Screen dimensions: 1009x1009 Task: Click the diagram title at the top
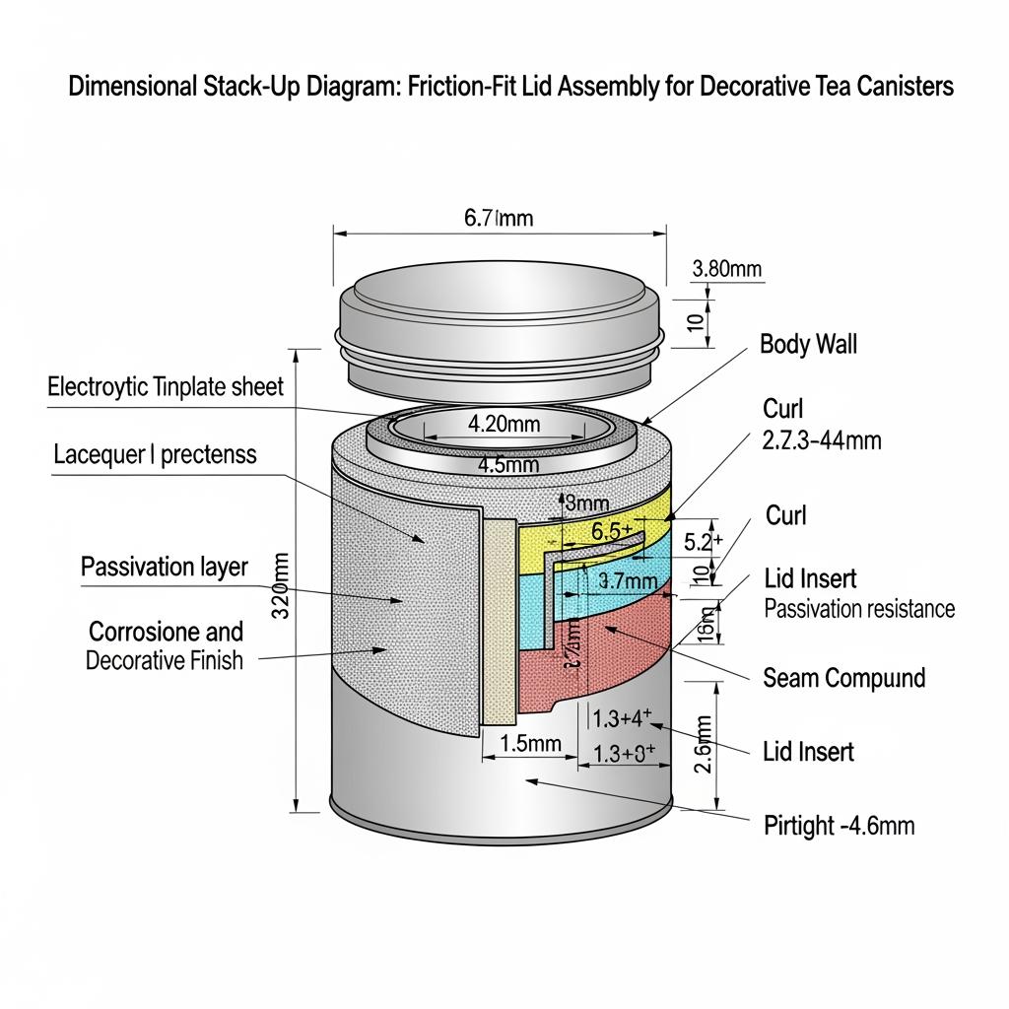point(510,86)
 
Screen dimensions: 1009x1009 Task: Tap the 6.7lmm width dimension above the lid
point(498,217)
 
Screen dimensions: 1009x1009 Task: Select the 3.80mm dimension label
point(727,268)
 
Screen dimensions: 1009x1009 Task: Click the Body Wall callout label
point(808,344)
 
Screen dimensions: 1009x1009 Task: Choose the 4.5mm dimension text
point(506,464)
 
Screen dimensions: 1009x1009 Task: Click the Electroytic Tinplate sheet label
point(166,386)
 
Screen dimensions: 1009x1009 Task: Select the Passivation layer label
point(165,567)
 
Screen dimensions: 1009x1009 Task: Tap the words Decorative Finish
point(164,660)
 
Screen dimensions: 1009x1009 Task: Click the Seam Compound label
point(844,677)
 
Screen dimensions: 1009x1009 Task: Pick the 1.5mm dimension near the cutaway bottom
point(531,744)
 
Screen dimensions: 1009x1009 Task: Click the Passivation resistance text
point(859,608)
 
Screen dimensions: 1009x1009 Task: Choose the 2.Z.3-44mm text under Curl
point(822,440)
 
